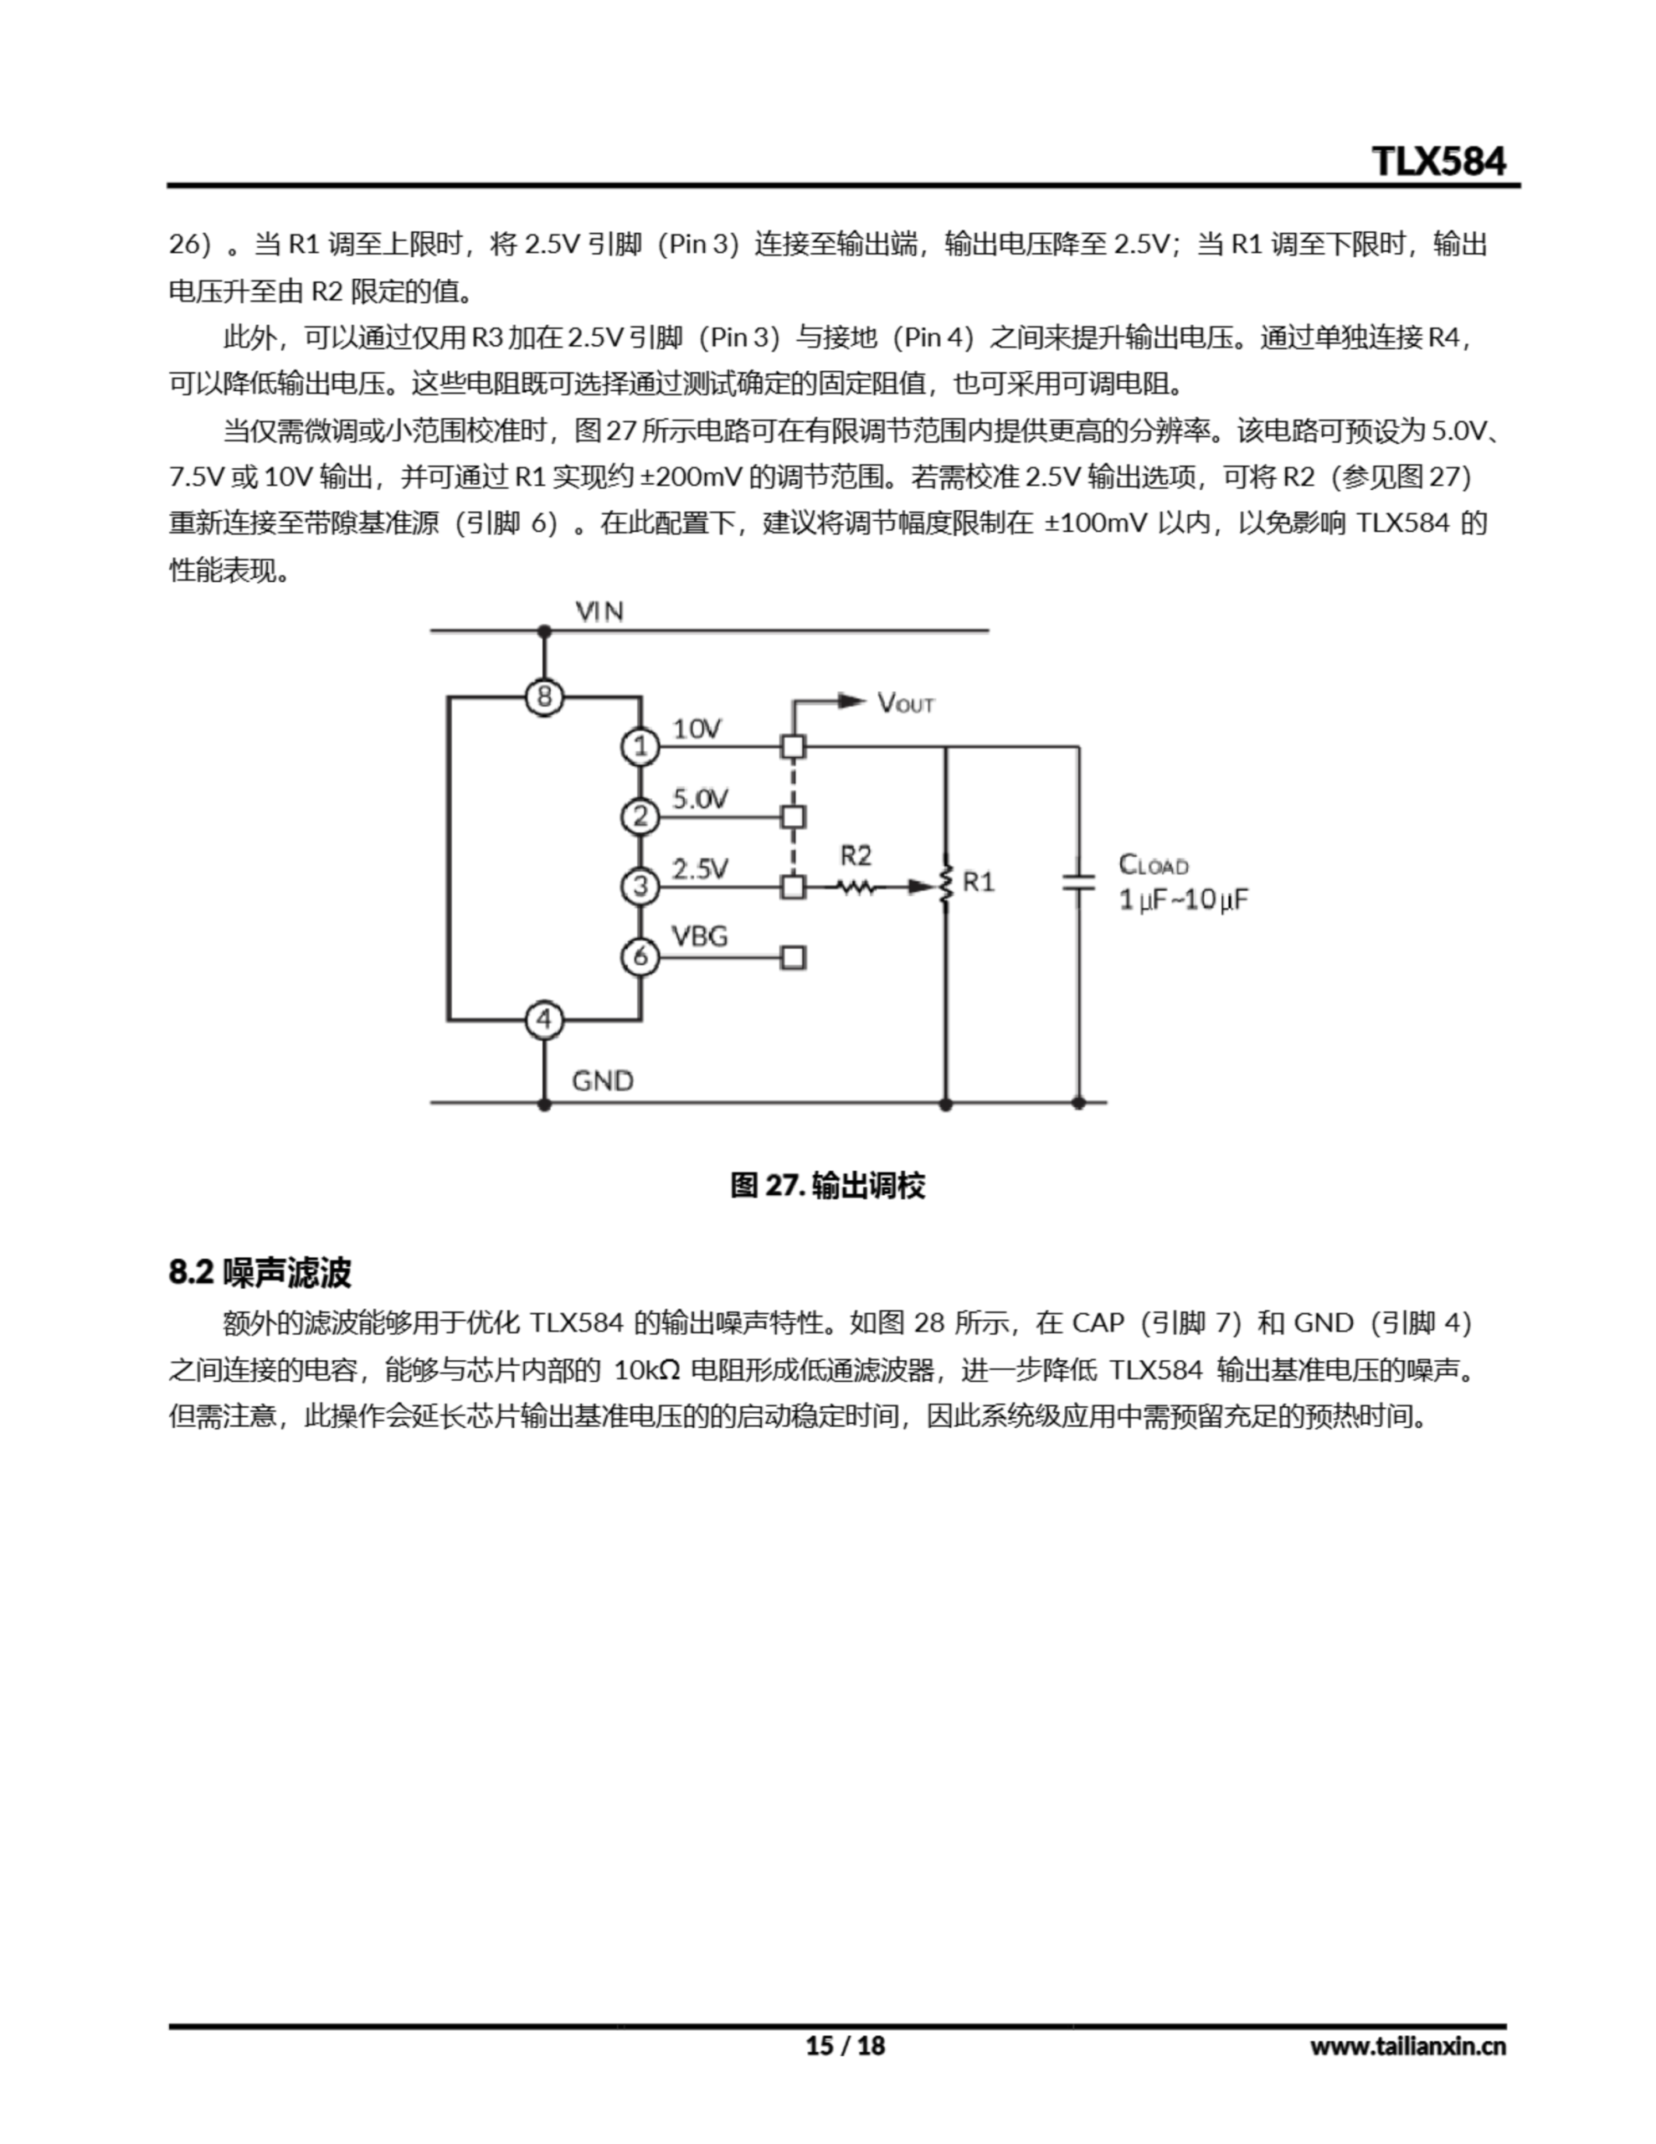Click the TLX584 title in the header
coord(1437,161)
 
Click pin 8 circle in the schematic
coord(545,697)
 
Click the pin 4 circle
coord(545,1020)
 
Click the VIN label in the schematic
coord(599,611)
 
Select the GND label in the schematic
coord(603,1081)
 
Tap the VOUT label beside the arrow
coord(905,703)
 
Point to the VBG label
coord(699,935)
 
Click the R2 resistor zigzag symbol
coord(855,888)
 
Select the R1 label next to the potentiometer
coord(978,882)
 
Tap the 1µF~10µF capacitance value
coord(1183,899)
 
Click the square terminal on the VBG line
coord(793,957)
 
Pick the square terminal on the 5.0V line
coord(793,817)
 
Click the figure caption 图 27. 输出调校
coord(827,1186)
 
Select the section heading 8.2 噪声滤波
coord(260,1272)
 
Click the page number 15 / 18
coord(846,2046)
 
